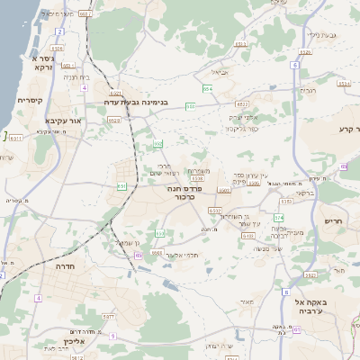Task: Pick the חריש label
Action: tap(334, 219)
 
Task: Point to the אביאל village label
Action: tap(220, 72)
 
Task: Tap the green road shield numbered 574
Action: tap(279, 218)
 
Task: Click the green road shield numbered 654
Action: tap(208, 89)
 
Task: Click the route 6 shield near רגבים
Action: tap(295, 65)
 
